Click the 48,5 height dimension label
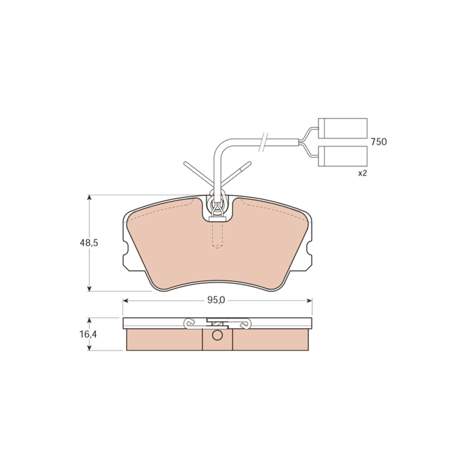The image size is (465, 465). (89, 243)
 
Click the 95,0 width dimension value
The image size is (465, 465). (216, 300)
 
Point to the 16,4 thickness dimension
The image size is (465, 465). (88, 334)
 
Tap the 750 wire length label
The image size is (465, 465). (379, 142)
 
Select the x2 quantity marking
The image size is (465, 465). (362, 173)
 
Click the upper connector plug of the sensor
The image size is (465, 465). (343, 128)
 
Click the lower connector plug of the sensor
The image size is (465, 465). (343, 156)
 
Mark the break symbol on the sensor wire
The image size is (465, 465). (263, 142)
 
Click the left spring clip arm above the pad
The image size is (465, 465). (198, 173)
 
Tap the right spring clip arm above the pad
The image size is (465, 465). (236, 173)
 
